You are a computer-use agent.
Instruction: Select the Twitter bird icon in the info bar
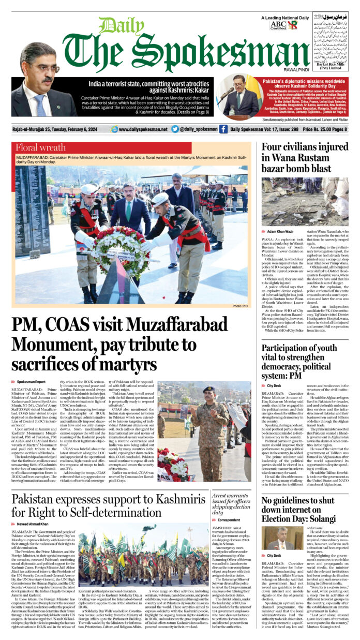click(x=175, y=129)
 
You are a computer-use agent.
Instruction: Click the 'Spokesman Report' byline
click(x=32, y=381)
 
